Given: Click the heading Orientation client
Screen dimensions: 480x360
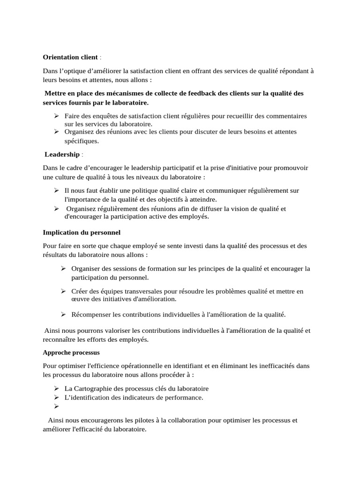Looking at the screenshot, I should pyautogui.click(x=70, y=57).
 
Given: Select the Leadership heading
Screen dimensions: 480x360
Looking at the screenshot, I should pyautogui.click(x=62, y=154).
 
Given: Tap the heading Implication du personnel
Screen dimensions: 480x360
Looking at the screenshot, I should pyautogui.click(x=82, y=232).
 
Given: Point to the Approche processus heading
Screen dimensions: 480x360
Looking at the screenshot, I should pyautogui.click(x=71, y=352).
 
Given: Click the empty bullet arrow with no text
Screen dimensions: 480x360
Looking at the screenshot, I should pyautogui.click(x=56, y=407).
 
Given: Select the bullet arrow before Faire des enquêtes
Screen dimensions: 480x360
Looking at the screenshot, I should pyautogui.click(x=56, y=116).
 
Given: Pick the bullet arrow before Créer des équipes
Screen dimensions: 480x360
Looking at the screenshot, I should pyautogui.click(x=63, y=291).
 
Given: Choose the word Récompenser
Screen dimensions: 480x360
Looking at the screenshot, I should pyautogui.click(x=91, y=314).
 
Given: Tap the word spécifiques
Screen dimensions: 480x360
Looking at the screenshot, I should pyautogui.click(x=82, y=141).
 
